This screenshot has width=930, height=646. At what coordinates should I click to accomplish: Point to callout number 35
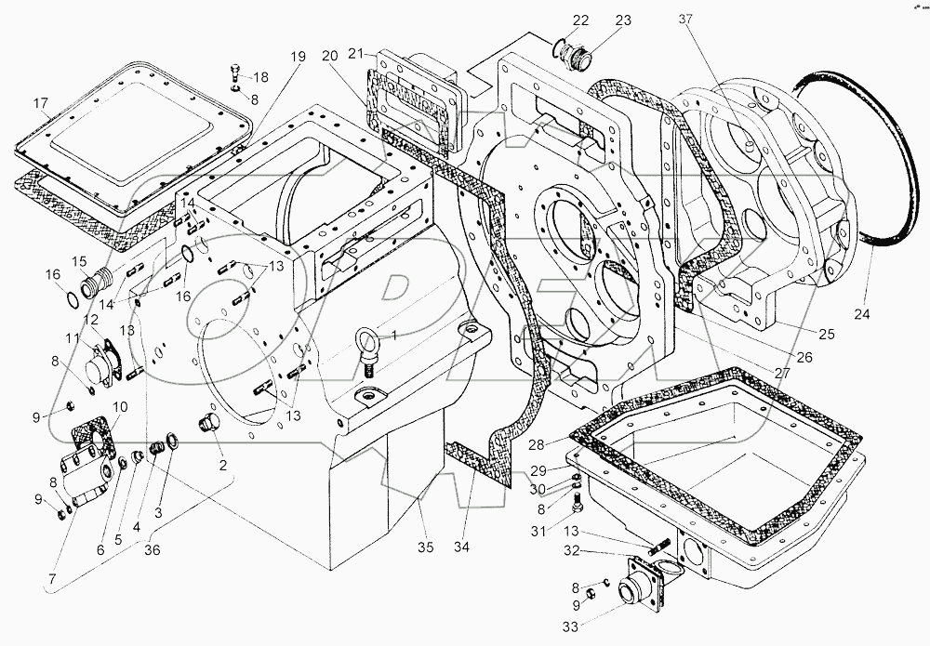tap(425, 546)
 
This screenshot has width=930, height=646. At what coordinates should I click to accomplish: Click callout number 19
tap(296, 57)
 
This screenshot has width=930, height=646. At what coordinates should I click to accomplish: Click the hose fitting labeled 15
tap(98, 282)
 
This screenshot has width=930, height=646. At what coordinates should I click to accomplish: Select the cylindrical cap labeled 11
tap(100, 368)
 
